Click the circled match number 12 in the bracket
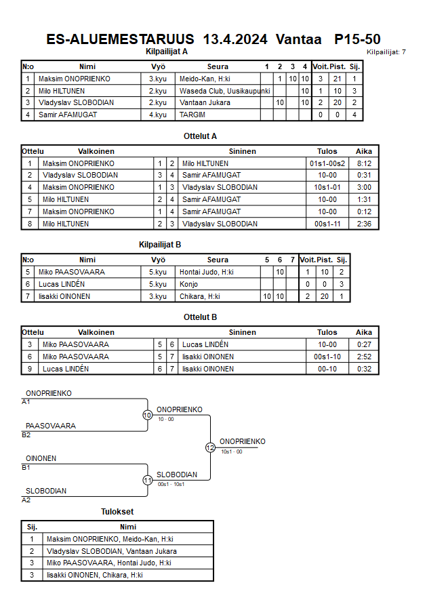pos(210,447)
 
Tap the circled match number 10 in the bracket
pos(147,415)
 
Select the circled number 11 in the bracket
pos(147,480)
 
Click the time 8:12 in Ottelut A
pos(364,163)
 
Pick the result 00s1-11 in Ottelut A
pos(327,224)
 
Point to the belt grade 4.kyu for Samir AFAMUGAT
pos(157,115)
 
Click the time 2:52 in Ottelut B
pos(364,357)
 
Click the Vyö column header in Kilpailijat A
pos(157,66)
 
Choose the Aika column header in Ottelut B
pos(364,332)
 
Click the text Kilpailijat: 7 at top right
pos(386,52)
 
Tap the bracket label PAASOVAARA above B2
pos(51,426)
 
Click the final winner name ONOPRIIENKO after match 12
pos(242,441)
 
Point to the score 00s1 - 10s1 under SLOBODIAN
pos(171,484)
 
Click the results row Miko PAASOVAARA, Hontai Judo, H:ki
pos(108,563)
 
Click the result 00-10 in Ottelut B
pos(327,369)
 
